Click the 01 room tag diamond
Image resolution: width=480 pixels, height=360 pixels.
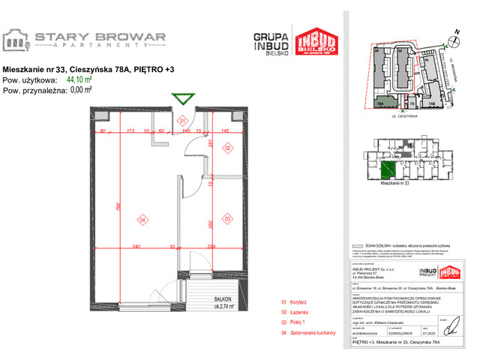181,120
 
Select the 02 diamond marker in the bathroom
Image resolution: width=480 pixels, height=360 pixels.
227,148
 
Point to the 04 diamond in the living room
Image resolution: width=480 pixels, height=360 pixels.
141,220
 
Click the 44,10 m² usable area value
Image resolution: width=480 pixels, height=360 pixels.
79,78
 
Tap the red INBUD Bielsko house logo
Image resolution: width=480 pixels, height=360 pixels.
314,42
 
